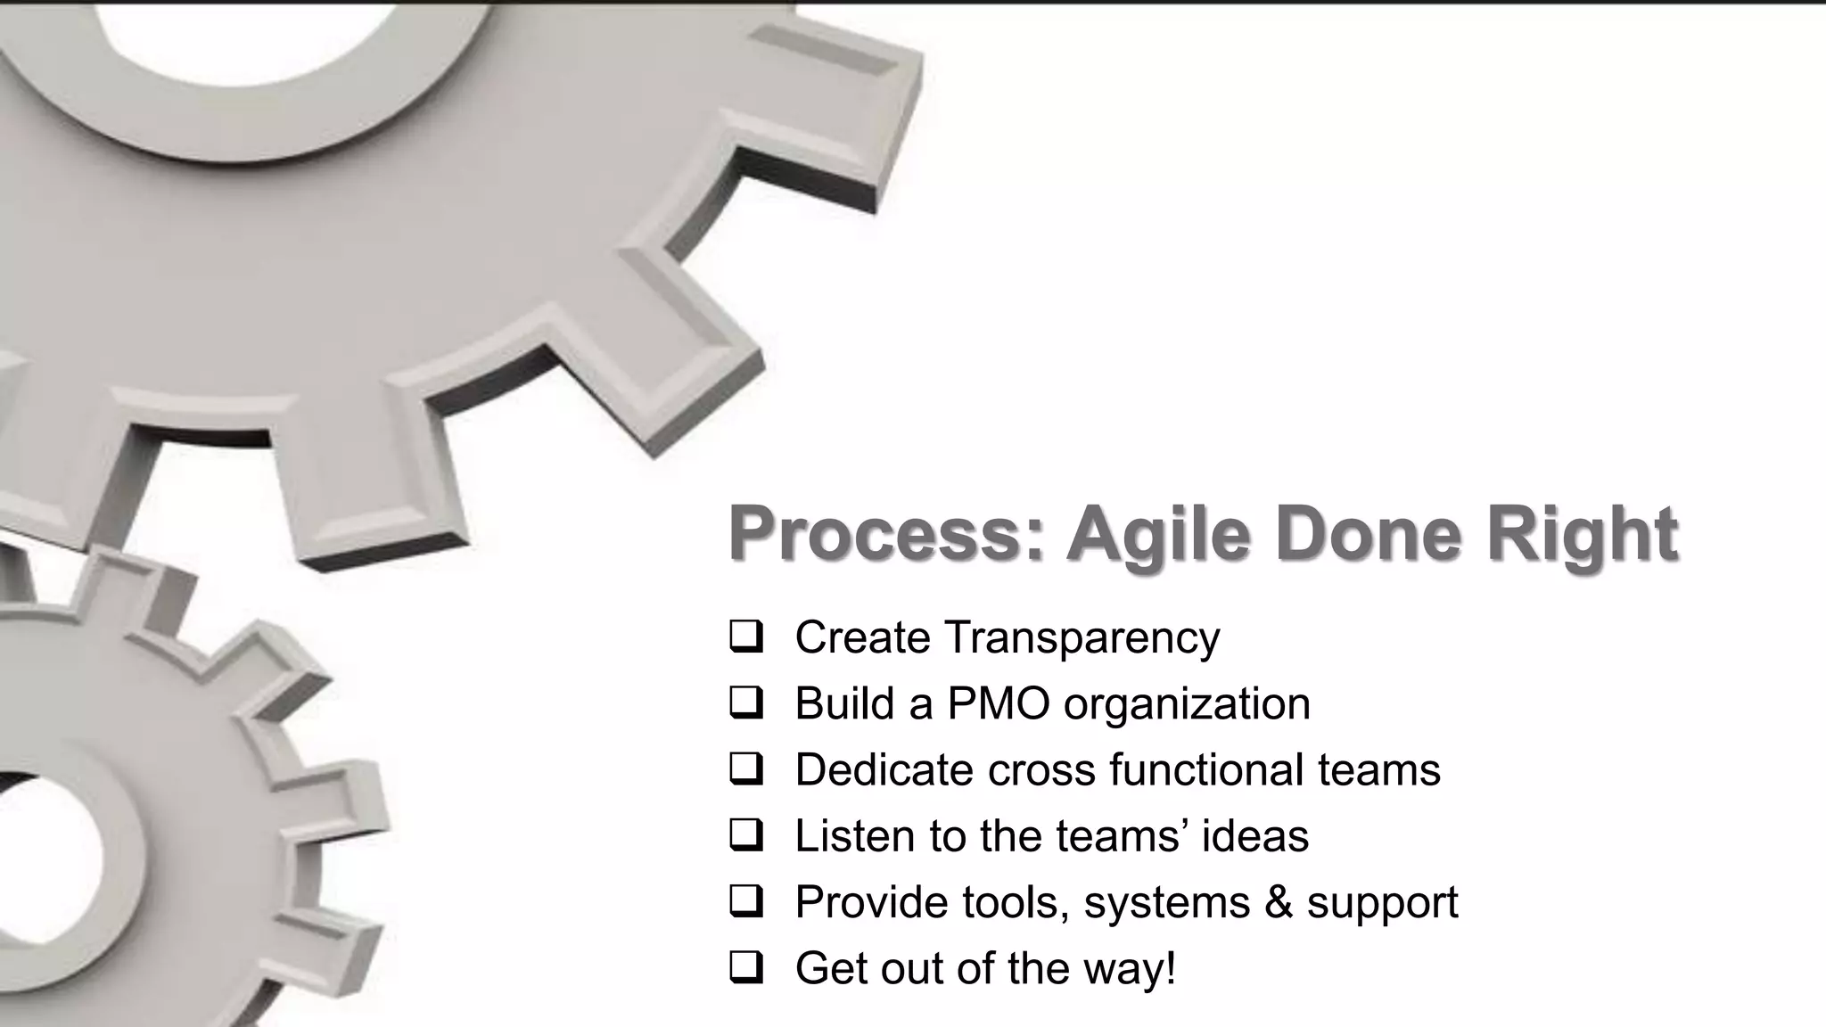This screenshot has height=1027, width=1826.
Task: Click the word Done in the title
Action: tap(1369, 533)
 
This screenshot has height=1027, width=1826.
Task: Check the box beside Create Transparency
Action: tap(745, 637)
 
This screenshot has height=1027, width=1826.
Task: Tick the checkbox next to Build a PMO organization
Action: tap(745, 703)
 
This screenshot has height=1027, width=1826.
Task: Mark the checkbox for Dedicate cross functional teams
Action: tap(745, 769)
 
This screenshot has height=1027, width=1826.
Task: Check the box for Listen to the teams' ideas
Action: tap(745, 836)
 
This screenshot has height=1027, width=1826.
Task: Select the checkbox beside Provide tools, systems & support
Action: tap(745, 902)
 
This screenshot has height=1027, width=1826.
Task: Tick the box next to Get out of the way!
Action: tap(745, 968)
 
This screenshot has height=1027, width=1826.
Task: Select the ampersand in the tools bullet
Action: tap(1278, 902)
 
